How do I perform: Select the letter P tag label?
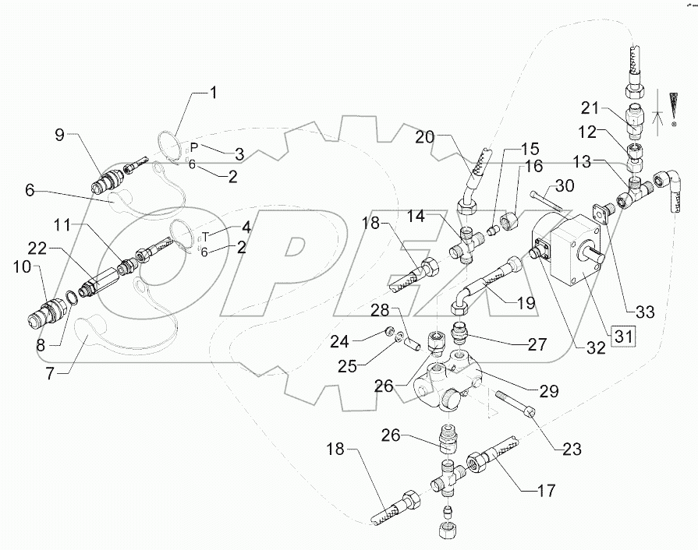195,146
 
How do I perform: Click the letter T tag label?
206,236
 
